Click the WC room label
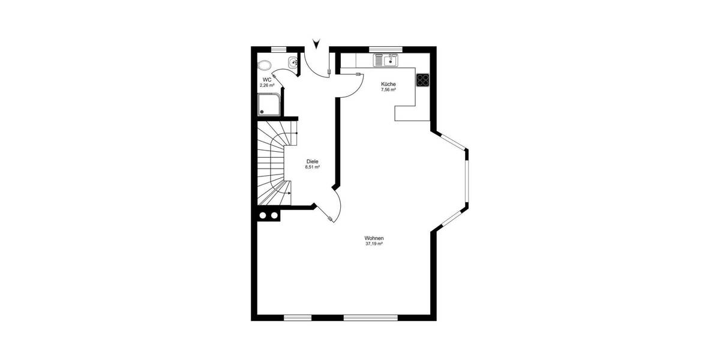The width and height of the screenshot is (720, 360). pyautogui.click(x=267, y=79)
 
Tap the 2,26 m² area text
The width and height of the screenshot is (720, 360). pyautogui.click(x=267, y=85)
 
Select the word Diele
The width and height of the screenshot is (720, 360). pyautogui.click(x=312, y=161)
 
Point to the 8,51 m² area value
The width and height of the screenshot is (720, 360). pyautogui.click(x=312, y=167)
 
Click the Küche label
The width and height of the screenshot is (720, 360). pyautogui.click(x=388, y=84)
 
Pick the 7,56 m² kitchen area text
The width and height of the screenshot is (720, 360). pyautogui.click(x=388, y=90)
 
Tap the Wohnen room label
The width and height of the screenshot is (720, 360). pyautogui.click(x=374, y=238)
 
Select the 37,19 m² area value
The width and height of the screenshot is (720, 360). pyautogui.click(x=374, y=244)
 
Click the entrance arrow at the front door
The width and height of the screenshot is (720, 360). pyautogui.click(x=317, y=43)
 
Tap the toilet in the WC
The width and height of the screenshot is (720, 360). pyautogui.click(x=263, y=65)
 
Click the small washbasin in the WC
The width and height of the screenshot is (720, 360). pyautogui.click(x=292, y=61)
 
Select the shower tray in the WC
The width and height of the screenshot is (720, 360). pyautogui.click(x=267, y=106)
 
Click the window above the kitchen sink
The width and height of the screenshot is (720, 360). pyautogui.click(x=385, y=49)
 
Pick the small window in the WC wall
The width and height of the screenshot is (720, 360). pyautogui.click(x=278, y=49)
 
